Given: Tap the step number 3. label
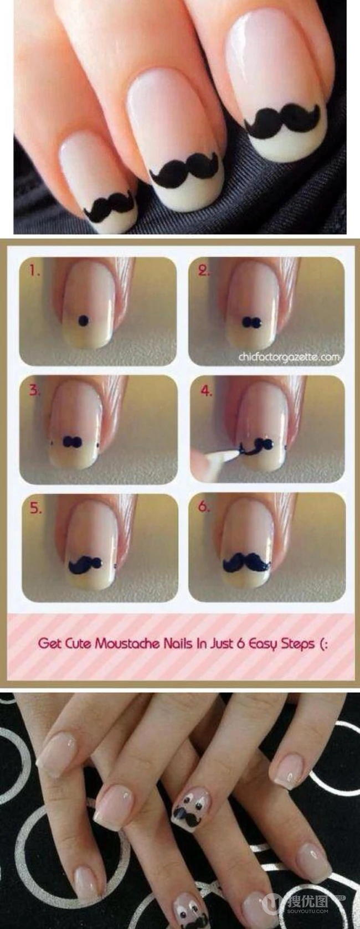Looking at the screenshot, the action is tap(34, 390).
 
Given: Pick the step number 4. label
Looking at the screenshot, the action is tap(206, 390).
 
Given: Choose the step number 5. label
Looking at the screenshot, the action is tap(35, 508).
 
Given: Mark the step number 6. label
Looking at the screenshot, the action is tap(204, 507).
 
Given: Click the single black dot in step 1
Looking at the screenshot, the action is tap(84, 320).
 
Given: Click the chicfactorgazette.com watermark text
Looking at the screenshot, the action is tap(289, 357).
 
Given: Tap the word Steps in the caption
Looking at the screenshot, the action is tap(297, 644).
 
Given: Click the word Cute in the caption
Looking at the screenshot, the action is tap(78, 643).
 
